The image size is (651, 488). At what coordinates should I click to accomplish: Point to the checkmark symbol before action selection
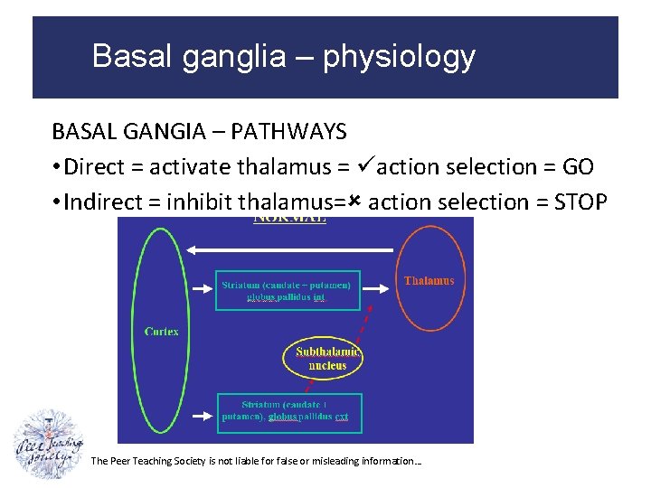pos(366,166)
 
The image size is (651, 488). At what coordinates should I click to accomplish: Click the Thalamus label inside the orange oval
pos(429,281)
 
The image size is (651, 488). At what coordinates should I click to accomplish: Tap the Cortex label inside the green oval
pos(161,332)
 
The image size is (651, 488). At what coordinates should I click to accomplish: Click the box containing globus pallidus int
pos(287,290)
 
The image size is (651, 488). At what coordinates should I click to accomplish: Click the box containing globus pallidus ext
pos(288,412)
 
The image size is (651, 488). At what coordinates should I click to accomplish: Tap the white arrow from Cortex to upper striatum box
pos(201,288)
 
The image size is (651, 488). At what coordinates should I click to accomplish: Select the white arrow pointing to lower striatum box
pos(201,417)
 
